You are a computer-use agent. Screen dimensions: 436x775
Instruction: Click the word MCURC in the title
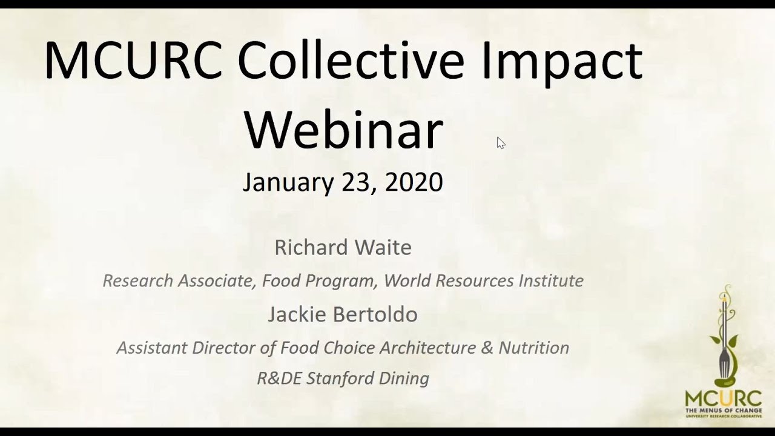(133, 61)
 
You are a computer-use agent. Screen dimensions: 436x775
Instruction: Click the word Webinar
(343, 130)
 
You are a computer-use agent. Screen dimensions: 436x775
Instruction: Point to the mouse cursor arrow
(500, 142)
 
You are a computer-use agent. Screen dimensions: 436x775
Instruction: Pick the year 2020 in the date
(414, 182)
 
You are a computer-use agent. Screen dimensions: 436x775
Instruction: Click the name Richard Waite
(343, 247)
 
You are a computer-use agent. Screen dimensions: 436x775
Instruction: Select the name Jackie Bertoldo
(343, 314)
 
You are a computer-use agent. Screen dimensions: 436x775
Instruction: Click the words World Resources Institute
(483, 280)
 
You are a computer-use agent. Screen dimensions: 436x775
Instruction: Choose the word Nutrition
(534, 348)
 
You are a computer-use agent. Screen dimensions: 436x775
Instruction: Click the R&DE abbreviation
(280, 378)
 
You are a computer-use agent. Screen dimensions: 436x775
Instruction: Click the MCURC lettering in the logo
(724, 399)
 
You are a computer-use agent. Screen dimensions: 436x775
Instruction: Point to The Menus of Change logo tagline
(724, 412)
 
